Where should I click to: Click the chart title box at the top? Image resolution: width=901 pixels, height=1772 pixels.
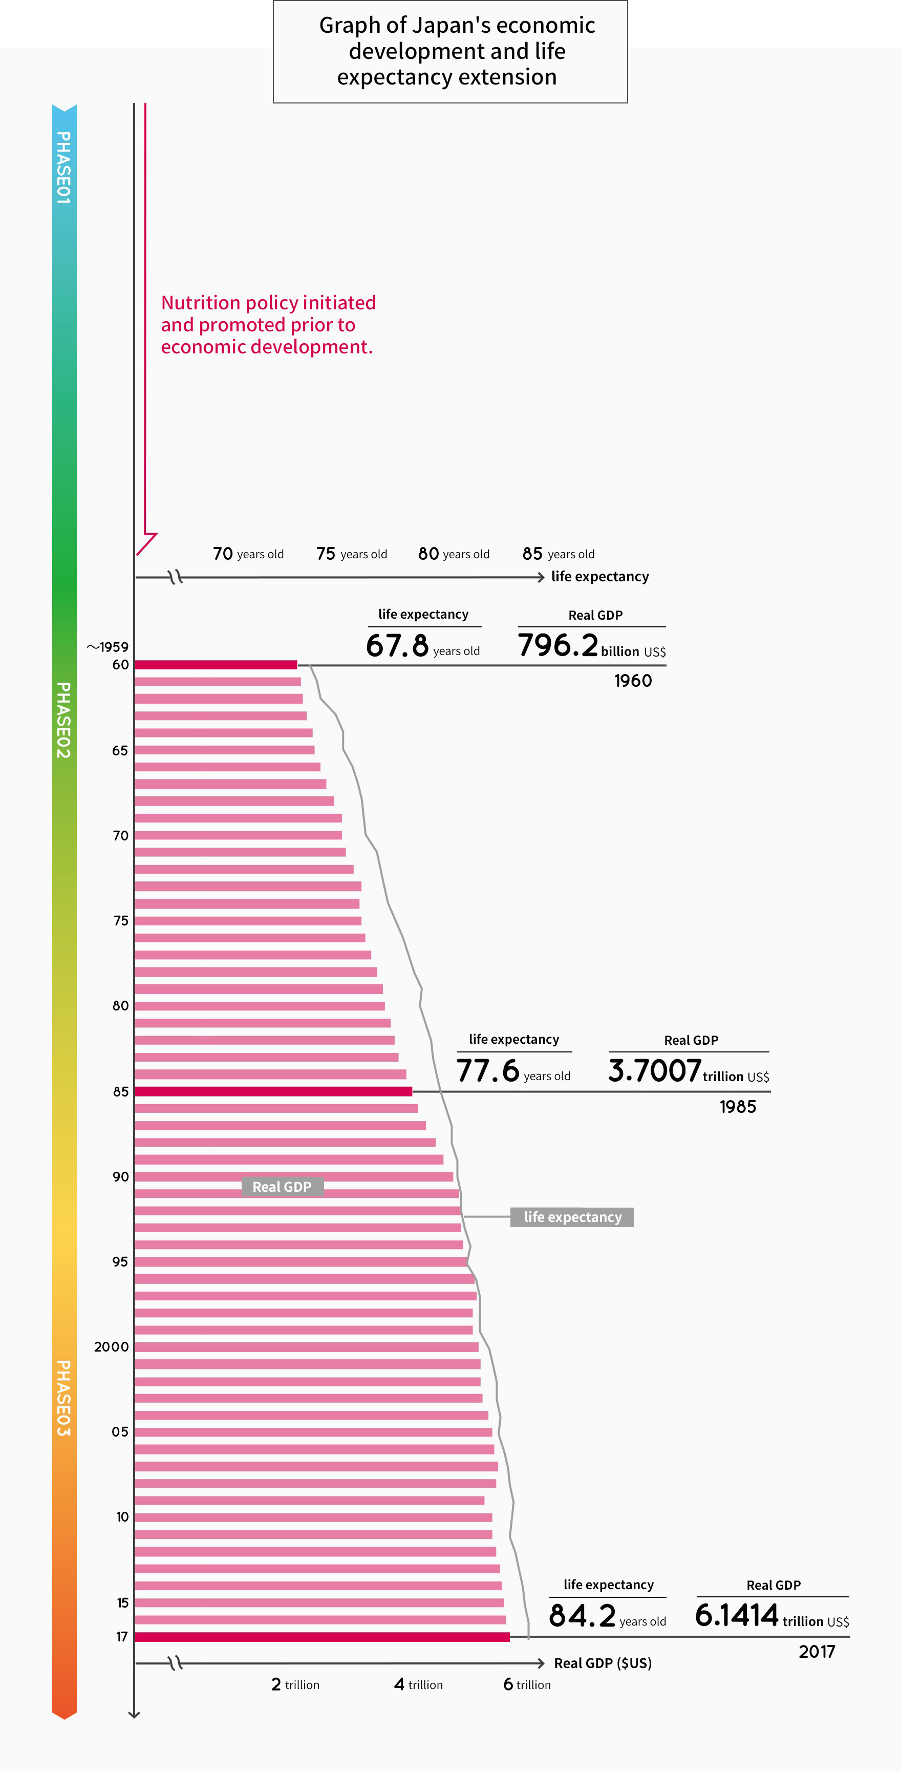coord(450,52)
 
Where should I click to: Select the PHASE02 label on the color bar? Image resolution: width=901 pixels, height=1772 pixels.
coord(63,720)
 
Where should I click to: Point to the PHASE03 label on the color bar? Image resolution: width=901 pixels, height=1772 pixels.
coord(63,1398)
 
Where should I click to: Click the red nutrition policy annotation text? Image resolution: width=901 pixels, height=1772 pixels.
coord(268,325)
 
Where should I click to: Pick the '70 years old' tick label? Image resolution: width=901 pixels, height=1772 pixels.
coord(248,554)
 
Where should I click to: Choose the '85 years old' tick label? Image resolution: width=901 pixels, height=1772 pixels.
coord(558,554)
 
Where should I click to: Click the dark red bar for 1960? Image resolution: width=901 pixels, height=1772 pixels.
coord(216,665)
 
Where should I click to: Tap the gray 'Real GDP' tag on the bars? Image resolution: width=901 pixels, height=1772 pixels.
coord(282,1187)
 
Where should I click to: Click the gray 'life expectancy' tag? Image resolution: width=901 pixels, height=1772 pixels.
coord(572,1217)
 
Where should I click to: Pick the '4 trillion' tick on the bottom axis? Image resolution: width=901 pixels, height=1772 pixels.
coord(418,1684)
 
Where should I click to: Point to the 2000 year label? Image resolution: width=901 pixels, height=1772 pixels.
coord(112,1346)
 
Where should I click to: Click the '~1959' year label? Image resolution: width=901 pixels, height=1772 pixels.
coord(108,647)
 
